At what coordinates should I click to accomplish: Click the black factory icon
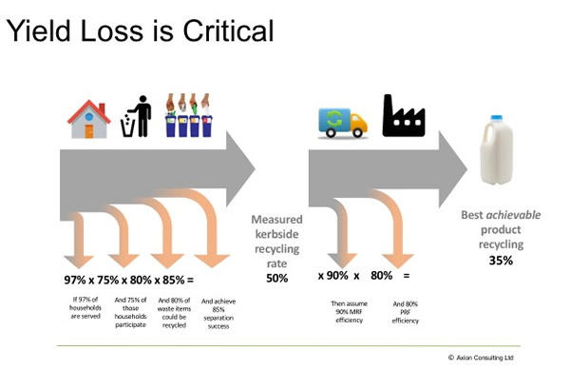coord(404,115)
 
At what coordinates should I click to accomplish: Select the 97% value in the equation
coord(72,282)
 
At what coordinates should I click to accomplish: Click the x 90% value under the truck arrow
coord(333,277)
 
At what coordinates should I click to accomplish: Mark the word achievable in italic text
coord(517,215)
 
